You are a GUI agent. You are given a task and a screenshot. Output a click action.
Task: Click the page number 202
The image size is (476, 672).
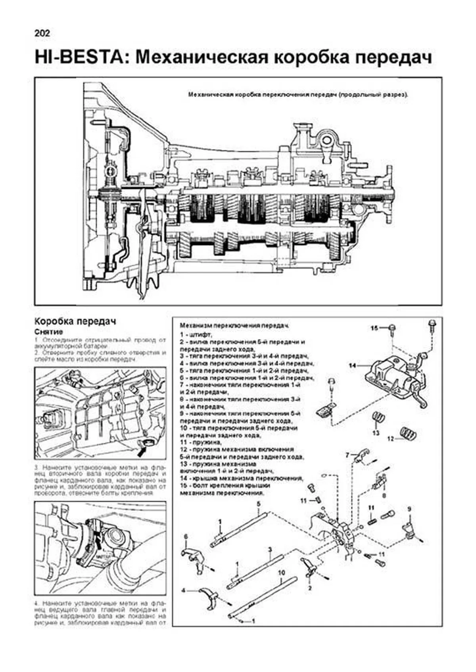[x=42, y=34]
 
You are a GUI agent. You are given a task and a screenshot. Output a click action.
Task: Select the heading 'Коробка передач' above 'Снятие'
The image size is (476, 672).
[x=75, y=321]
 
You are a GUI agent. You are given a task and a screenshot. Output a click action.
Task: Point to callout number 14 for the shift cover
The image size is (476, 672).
[x=353, y=366]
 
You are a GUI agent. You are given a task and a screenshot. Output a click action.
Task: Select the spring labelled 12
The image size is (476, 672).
[x=407, y=433]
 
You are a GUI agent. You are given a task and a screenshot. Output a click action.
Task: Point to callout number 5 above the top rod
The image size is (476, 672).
[x=258, y=504]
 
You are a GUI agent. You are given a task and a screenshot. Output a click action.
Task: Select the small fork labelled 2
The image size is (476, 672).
[x=309, y=569]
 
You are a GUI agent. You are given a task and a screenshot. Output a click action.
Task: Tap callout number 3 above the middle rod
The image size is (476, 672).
[x=270, y=550]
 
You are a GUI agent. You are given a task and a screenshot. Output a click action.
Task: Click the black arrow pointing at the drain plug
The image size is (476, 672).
[x=142, y=449]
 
